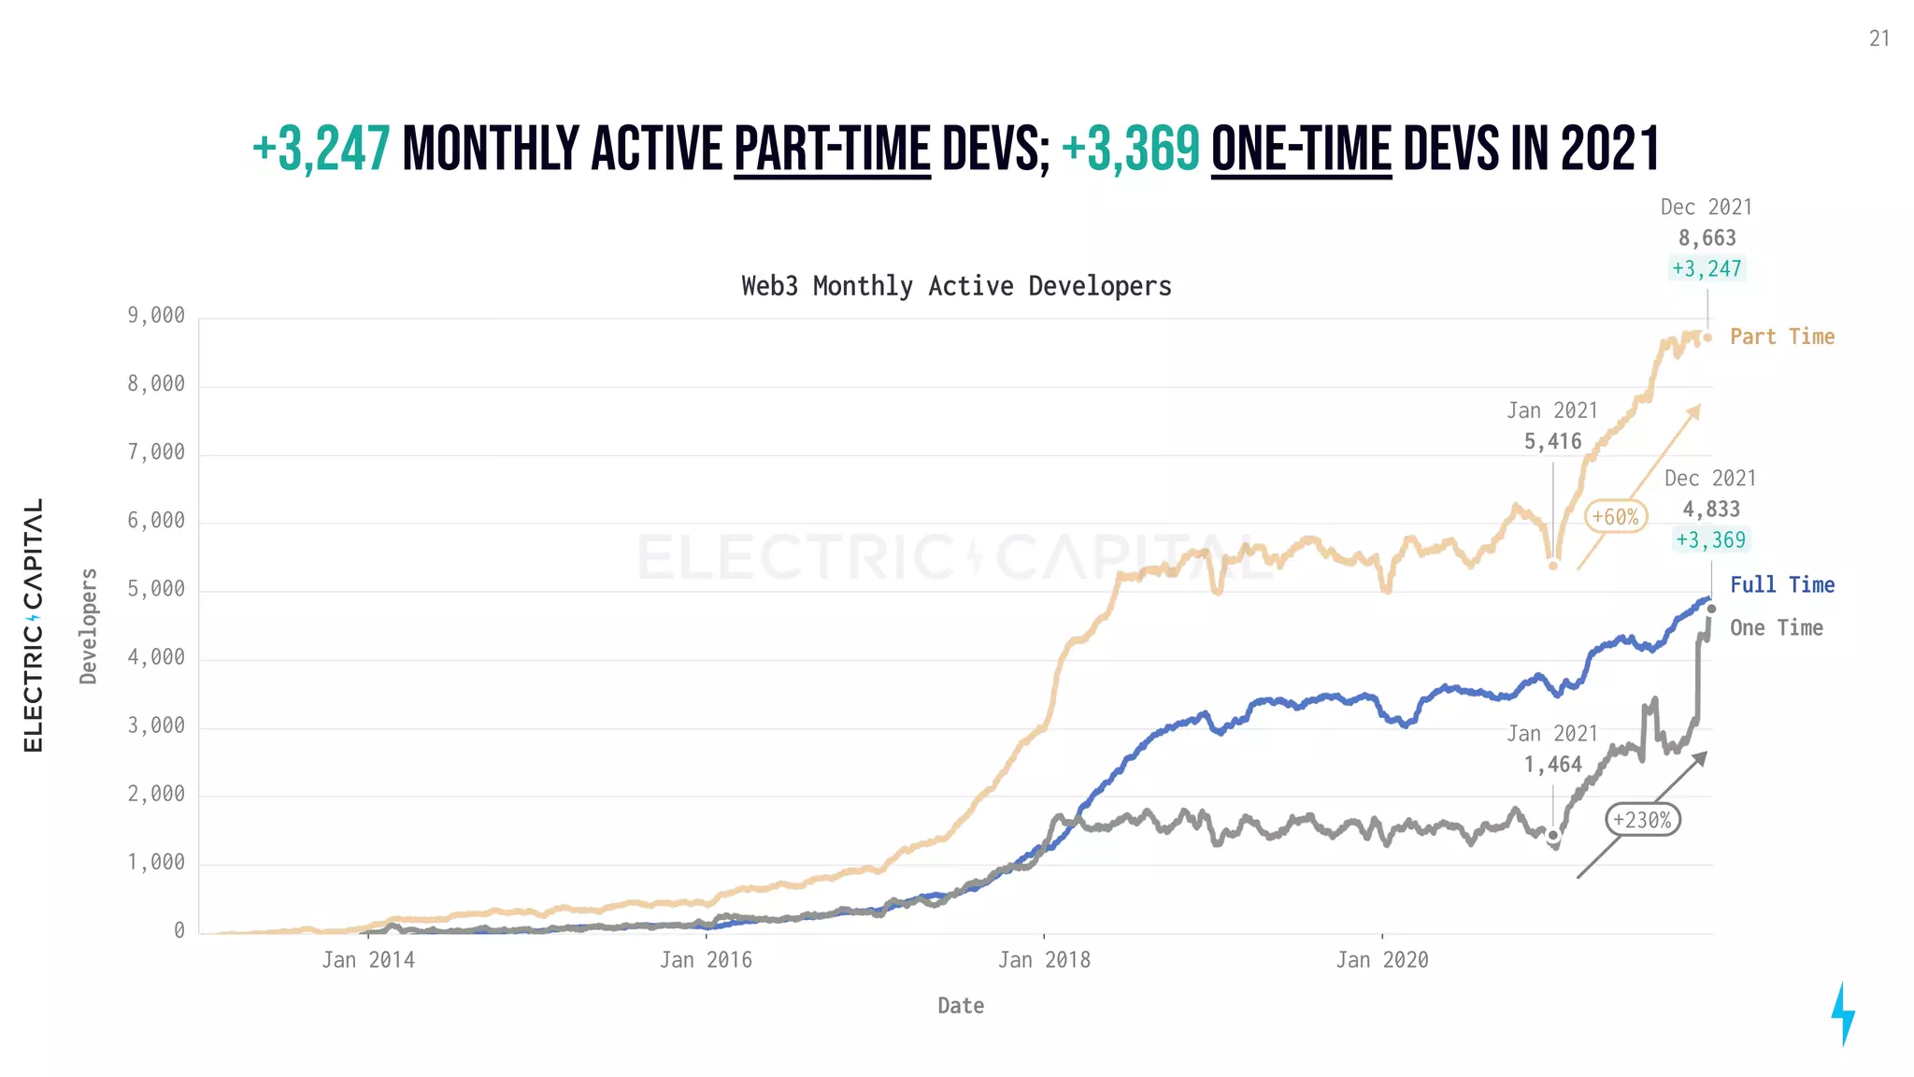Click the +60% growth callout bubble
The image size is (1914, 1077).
[1615, 516]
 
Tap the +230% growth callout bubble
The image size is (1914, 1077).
[1642, 820]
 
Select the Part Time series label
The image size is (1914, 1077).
[1781, 337]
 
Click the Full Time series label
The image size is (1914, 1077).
[1781, 585]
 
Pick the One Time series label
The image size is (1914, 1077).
[1776, 628]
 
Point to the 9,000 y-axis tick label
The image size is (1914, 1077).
[156, 316]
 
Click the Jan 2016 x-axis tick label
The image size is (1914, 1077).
[706, 960]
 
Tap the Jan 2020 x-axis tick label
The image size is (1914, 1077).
[1381, 960]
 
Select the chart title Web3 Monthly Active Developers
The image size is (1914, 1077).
[956, 286]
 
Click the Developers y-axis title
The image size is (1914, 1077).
[89, 625]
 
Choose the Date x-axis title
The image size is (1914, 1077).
[961, 1006]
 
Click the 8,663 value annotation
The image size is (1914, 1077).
[1707, 238]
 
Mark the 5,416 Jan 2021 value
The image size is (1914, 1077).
[1552, 441]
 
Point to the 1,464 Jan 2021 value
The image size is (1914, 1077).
[1552, 765]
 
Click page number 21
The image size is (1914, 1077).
[1878, 38]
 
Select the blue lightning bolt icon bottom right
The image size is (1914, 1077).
[1842, 1013]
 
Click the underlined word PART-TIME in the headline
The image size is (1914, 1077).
[832, 150]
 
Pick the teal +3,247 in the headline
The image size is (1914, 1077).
[321, 150]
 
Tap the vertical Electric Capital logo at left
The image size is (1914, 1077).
[34, 625]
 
